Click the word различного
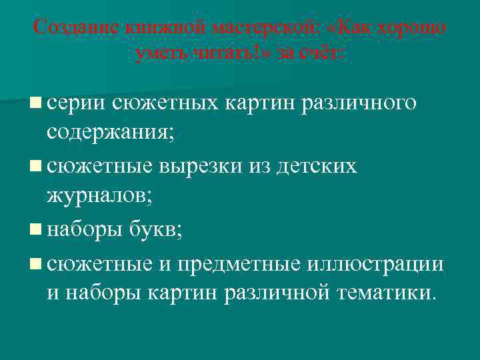(x=361, y=103)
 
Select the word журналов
(x=102, y=198)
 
